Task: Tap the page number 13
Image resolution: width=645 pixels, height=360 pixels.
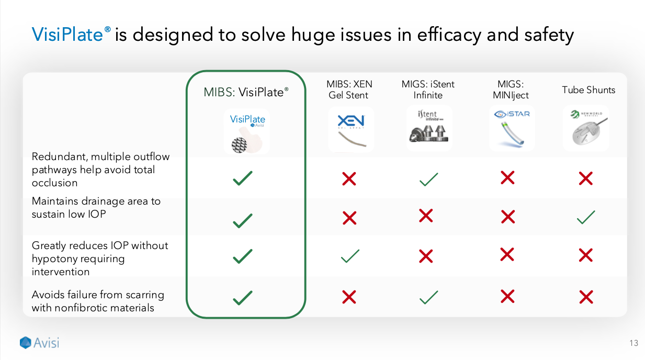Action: coord(634,343)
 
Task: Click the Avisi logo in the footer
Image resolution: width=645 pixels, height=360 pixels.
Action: coord(40,343)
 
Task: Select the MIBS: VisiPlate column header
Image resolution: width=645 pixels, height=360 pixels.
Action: coord(246,93)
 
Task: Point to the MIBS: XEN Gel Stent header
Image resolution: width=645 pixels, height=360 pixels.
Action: coord(349,89)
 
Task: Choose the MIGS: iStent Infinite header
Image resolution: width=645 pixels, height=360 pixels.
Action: coord(428,89)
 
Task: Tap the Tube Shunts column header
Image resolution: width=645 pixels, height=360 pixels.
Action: coord(589,90)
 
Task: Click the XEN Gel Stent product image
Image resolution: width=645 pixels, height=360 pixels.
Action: coord(351,129)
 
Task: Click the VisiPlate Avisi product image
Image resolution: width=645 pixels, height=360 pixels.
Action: coord(247,131)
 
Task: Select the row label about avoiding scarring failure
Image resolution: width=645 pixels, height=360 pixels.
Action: coord(98,301)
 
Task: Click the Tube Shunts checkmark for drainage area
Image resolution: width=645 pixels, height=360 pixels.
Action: coord(586,217)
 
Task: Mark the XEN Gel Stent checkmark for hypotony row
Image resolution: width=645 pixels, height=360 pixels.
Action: coord(349,256)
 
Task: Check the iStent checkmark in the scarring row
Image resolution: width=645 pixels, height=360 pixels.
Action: coord(428,297)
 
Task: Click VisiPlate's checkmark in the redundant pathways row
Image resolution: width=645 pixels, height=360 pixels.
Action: coord(243,178)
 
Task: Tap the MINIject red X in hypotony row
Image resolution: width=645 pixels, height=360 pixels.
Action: coord(507,255)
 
